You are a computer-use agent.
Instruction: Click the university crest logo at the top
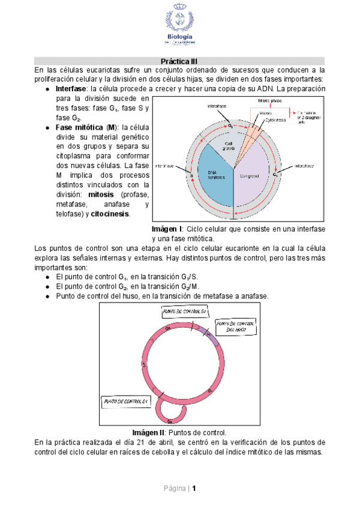pos(179,22)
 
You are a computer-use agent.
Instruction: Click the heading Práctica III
pos(179,61)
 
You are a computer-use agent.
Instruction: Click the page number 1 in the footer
pos(194,488)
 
